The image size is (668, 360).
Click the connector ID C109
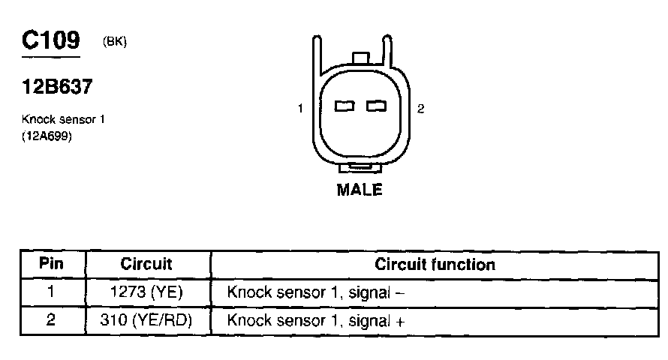coord(50,41)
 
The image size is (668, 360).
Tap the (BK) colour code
coord(114,43)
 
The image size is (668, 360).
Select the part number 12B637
coord(57,87)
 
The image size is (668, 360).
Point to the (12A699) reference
coord(47,136)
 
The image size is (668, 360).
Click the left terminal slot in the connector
coord(345,106)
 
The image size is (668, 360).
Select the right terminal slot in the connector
coord(376,106)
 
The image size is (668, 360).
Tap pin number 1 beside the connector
coord(300,109)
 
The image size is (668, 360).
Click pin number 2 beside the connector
coord(421,109)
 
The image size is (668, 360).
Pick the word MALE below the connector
coord(360,190)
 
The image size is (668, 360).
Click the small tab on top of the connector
coord(360,58)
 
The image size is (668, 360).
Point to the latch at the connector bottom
coord(360,166)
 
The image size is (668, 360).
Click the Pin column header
coord(52,265)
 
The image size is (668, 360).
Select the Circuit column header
coord(146,265)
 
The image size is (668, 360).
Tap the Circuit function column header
coord(435,265)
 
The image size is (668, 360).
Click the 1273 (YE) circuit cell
coord(146,292)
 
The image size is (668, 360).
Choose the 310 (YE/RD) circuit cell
coord(146,321)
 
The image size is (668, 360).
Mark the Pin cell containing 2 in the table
coord(52,321)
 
